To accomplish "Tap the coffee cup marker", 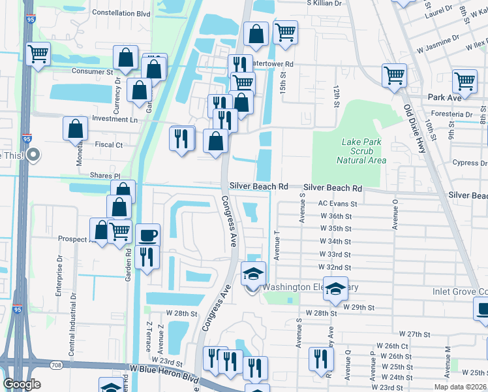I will [x=147, y=235].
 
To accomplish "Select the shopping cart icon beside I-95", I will [x=38, y=54].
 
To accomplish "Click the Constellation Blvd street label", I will [x=121, y=12].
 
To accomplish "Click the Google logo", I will [x=22, y=384].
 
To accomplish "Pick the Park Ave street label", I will [x=445, y=97].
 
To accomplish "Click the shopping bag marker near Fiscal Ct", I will [x=76, y=128].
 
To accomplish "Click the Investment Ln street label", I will [x=115, y=120].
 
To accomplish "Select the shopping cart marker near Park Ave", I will [x=465, y=82].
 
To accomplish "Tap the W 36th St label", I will [x=335, y=216].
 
